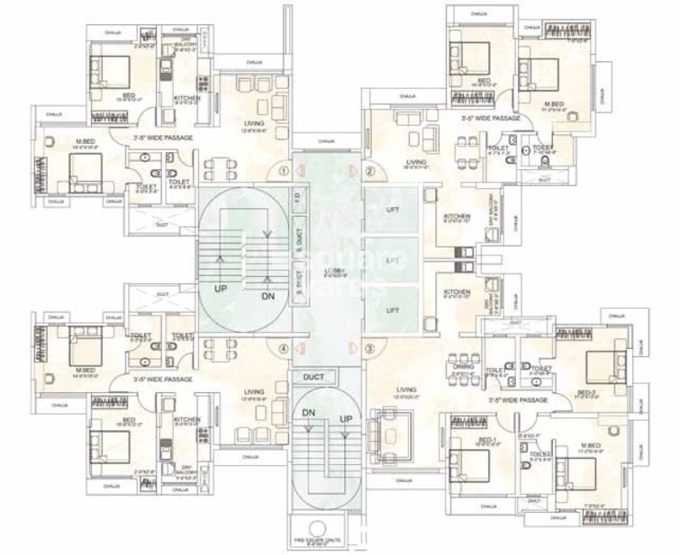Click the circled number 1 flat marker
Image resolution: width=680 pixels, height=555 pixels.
(x=284, y=169)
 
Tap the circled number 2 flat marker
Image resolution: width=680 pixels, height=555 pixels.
(x=368, y=170)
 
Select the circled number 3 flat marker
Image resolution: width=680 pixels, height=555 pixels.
(x=368, y=349)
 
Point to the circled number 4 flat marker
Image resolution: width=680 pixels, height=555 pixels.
(x=284, y=349)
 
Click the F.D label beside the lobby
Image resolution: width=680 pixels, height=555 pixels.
(x=297, y=196)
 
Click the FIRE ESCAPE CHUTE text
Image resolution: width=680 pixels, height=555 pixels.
(x=325, y=541)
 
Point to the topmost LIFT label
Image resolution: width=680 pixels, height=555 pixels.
(x=392, y=210)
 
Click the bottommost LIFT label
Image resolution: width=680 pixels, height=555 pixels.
(x=392, y=309)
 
